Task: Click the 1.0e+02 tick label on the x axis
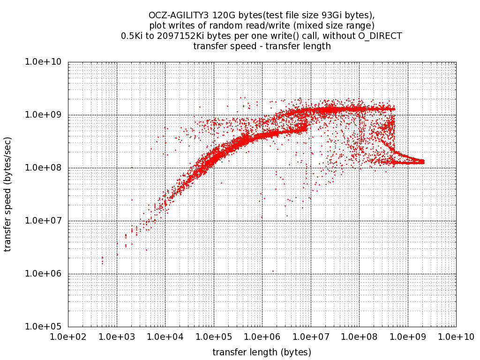pos(68,337)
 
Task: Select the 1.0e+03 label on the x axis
pos(117,337)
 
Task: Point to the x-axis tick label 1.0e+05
pos(214,337)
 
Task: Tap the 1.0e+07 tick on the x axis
pos(311,337)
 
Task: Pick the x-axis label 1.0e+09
pos(408,337)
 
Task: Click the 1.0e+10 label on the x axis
pos(456,337)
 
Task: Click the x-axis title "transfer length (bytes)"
pos(262,352)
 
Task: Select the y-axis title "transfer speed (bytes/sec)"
pos(8,194)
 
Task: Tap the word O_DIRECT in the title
pos(380,36)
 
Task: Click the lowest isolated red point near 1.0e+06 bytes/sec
pos(273,271)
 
